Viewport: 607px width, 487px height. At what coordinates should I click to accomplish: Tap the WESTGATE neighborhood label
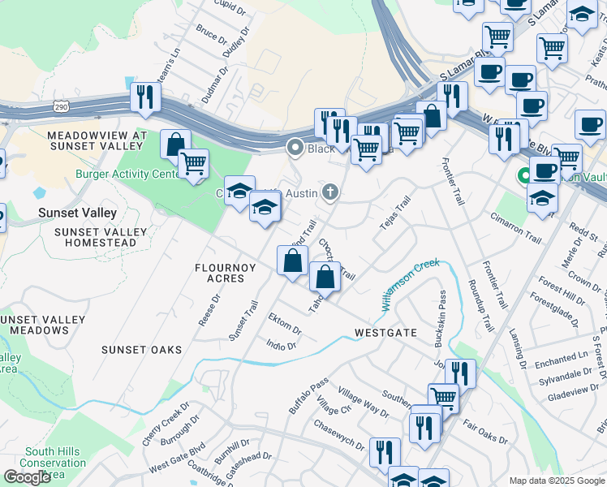point(385,333)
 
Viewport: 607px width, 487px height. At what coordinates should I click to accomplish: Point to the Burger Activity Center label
point(127,174)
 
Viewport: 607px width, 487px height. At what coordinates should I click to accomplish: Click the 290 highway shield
point(62,106)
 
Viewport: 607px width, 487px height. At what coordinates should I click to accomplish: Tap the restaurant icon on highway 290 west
point(145,97)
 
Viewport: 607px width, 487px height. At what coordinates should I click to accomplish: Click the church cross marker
point(329,192)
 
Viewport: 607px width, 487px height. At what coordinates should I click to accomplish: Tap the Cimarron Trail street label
point(515,228)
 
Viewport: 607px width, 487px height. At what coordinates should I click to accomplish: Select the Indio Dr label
point(282,345)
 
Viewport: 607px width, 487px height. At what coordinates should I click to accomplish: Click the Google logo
point(27,477)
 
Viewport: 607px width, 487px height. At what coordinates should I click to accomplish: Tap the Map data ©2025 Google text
point(557,481)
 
